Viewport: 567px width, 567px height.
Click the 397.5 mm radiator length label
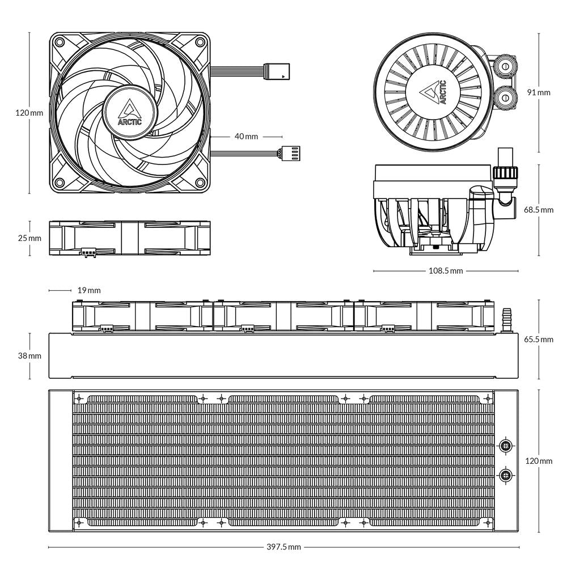coord(283,547)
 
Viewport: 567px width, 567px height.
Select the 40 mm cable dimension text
coord(246,137)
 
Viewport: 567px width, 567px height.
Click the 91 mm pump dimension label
coord(538,92)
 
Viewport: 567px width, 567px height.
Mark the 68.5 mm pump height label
coord(538,210)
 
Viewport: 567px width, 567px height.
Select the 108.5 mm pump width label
coord(445,271)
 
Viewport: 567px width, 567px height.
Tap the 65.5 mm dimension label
coord(538,340)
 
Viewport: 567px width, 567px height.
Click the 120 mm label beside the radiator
coord(538,461)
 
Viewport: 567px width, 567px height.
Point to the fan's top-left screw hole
coord(60,42)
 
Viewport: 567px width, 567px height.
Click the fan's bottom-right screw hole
coord(199,182)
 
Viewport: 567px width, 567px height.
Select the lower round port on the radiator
coord(505,474)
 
